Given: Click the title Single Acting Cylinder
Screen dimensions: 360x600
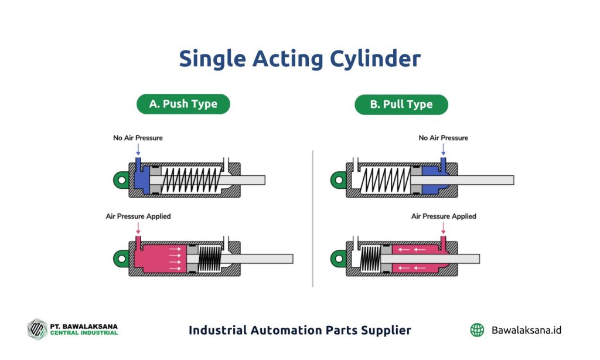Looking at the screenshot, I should tap(299, 59).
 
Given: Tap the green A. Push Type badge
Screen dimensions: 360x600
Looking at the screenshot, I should tap(183, 104).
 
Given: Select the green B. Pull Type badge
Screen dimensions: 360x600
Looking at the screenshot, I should tap(401, 104).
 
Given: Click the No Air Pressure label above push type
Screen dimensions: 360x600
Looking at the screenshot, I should tap(138, 138).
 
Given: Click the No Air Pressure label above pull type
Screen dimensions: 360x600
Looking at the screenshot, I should tap(443, 138).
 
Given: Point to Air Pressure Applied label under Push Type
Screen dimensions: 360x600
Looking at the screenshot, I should tap(138, 216).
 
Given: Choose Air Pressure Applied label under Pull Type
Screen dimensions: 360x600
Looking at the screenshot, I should tap(444, 216).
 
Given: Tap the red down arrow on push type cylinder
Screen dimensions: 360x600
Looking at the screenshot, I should tap(138, 227).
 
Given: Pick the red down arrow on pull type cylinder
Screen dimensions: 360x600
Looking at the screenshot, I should tap(444, 227).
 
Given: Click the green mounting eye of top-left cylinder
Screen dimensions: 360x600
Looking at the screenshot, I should tap(121, 179).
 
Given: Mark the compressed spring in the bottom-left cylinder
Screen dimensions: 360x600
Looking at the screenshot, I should tap(209, 259).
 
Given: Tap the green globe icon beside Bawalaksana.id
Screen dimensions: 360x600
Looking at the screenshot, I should tap(478, 330).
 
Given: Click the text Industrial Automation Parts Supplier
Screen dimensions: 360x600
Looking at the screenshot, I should tap(299, 330).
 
